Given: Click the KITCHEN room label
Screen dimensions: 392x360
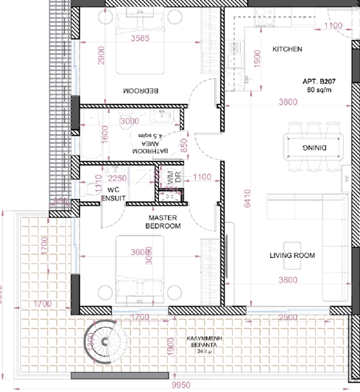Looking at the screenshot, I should coord(287,49).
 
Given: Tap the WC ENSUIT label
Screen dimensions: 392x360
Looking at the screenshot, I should coord(113,194).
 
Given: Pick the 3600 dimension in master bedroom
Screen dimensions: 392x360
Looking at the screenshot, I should coord(141,251).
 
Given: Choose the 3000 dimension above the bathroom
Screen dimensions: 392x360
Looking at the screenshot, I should coord(129,121).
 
